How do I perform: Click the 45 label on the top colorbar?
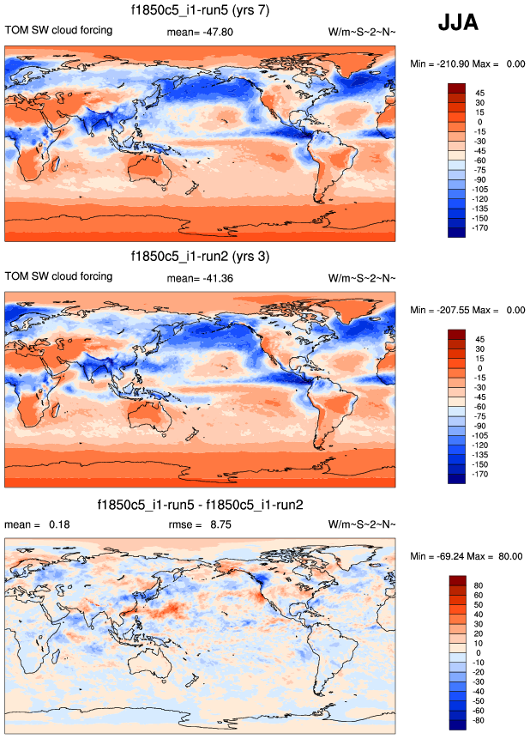479,93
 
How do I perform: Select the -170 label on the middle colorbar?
482,475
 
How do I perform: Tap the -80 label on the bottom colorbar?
481,721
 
